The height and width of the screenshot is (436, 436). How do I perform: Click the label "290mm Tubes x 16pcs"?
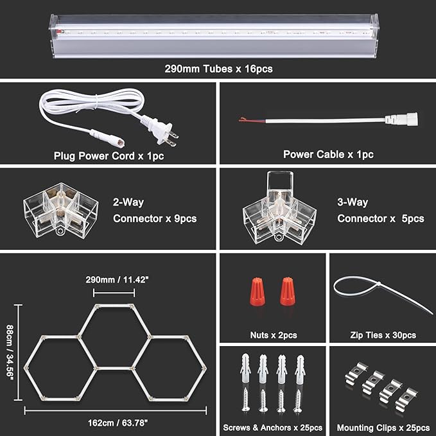pyautogui.click(x=218, y=68)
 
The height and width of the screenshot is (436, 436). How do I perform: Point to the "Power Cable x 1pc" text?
pyautogui.click(x=328, y=154)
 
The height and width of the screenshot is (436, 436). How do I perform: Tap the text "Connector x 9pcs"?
pyautogui.click(x=155, y=218)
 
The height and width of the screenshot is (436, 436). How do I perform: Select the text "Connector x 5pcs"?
pyautogui.click(x=381, y=218)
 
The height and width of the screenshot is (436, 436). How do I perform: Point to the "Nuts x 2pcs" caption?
pyautogui.click(x=273, y=335)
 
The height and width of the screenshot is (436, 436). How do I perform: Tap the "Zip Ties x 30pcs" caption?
pyautogui.click(x=383, y=335)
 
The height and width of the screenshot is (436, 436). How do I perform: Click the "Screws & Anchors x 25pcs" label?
pyautogui.click(x=272, y=428)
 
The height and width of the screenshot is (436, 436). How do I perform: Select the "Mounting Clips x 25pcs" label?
pyautogui.click(x=383, y=428)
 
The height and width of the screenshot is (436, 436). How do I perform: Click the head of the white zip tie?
pyautogui.click(x=339, y=286)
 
